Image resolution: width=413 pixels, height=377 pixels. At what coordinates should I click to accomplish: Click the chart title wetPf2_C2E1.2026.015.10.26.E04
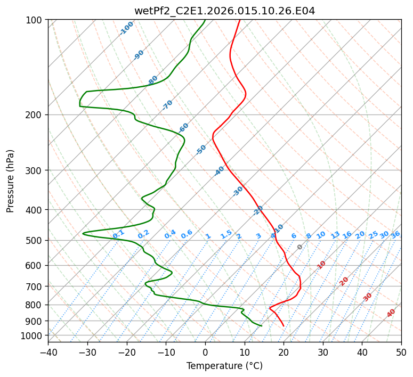pos(224,11)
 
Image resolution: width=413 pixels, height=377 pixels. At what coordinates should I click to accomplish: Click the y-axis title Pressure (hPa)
pos(11,181)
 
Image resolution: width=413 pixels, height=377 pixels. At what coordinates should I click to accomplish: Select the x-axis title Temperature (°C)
pos(224,366)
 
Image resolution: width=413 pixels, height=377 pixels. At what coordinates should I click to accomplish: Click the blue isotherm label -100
pos(127,28)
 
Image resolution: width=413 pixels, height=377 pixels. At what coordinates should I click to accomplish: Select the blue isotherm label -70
pos(168,105)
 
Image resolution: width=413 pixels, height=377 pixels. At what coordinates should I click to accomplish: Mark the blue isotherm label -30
pos(238,191)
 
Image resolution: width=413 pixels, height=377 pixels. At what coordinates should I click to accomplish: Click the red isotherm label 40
pos(391,313)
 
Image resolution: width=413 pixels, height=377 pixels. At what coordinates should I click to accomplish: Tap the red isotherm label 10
pos(321,265)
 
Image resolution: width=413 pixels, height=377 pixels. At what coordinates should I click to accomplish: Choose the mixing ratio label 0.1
pos(118,234)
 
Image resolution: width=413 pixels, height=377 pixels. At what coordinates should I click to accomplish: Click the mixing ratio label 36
pos(395,234)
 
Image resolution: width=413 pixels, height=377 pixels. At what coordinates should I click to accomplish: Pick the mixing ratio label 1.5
pos(226,234)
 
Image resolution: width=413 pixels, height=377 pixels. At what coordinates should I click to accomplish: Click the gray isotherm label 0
pos(300,247)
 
